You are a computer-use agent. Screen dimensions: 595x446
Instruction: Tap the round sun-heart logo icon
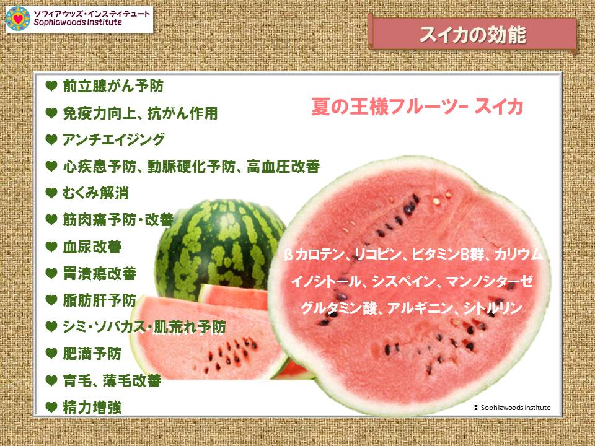[18, 18]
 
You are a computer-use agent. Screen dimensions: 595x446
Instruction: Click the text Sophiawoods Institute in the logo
[78, 22]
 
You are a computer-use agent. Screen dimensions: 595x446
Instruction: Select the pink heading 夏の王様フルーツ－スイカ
[417, 106]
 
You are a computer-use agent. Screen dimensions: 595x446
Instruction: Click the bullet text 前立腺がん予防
[113, 86]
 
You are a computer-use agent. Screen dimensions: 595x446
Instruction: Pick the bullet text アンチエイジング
[113, 139]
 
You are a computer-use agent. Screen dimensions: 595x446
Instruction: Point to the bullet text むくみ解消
[95, 193]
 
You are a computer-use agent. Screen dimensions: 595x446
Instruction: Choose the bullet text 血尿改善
[92, 247]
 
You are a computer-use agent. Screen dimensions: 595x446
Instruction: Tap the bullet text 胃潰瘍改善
[99, 273]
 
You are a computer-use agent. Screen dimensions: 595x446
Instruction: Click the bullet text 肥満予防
[92, 354]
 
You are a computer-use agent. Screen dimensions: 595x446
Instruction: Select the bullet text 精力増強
[92, 408]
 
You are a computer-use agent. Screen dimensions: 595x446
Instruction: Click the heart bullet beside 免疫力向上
[51, 113]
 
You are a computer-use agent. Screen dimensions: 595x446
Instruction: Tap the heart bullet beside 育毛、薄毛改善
[51, 380]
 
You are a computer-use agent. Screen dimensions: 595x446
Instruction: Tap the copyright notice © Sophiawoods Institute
[511, 408]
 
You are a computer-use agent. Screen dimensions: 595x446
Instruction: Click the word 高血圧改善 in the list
[283, 167]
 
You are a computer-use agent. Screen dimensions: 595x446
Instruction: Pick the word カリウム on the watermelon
[518, 254]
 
